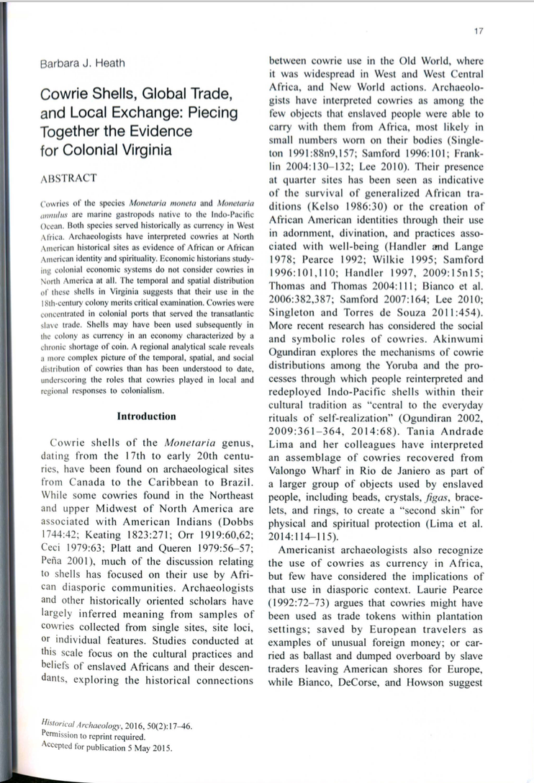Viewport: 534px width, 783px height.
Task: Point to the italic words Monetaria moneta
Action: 159,205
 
